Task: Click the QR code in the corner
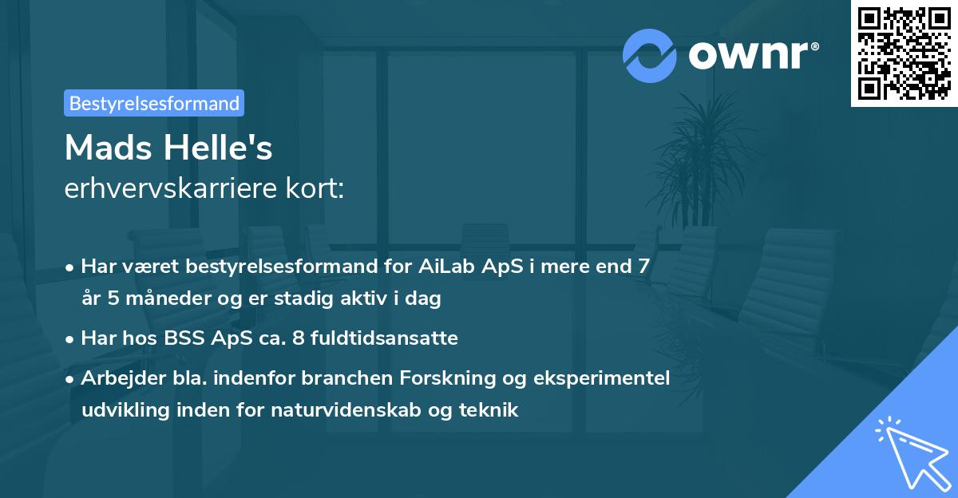(x=904, y=53)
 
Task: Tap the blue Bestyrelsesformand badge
(x=154, y=103)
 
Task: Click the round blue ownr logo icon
(x=650, y=56)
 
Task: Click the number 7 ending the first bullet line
(x=643, y=267)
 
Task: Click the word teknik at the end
(x=493, y=410)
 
